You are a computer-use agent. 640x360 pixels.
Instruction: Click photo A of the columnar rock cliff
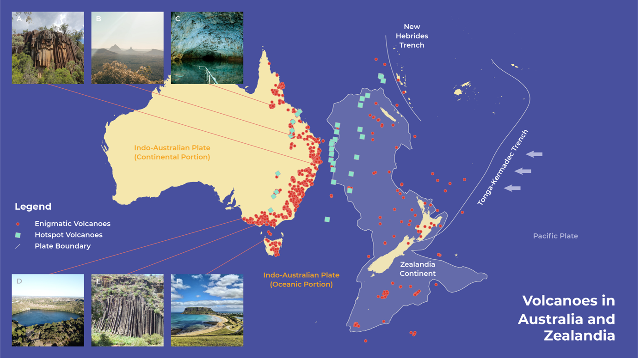point(48,48)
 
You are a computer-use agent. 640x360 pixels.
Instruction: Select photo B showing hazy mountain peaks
point(127,48)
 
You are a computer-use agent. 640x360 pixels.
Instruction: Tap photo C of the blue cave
point(207,48)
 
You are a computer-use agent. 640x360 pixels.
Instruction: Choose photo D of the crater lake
point(48,310)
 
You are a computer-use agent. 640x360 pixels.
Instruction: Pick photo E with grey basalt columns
point(127,310)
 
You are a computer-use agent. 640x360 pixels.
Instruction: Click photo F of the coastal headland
point(207,310)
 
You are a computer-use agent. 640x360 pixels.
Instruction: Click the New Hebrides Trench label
point(412,36)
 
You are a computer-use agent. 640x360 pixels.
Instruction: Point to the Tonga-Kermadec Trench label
point(503,167)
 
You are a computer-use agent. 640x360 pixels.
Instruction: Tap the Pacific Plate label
point(555,236)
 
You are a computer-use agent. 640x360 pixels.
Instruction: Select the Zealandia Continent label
point(418,269)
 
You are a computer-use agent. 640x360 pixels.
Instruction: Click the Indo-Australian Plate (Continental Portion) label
point(172,153)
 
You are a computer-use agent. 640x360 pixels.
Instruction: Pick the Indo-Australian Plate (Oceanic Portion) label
point(301,280)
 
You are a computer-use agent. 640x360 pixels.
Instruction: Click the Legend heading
point(33,207)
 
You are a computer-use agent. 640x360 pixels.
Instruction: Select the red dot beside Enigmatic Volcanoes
point(18,224)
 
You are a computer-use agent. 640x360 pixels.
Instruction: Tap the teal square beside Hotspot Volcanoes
point(18,235)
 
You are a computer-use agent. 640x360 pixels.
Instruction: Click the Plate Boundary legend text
point(62,246)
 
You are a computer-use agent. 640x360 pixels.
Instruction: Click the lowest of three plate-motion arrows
point(512,188)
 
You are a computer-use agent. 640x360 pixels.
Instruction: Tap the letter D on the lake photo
point(19,281)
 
